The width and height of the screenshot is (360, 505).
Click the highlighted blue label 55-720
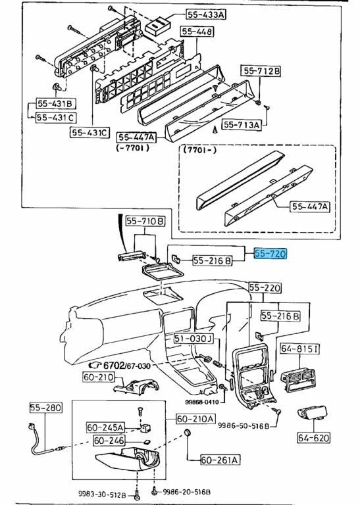coord(270,254)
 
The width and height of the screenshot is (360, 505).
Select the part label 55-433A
coord(206,14)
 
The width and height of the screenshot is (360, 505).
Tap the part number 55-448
coord(197,32)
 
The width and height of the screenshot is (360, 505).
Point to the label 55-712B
coord(261,71)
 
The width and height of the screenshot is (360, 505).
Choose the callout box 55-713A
coord(242,125)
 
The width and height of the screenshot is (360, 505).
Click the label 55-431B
coord(56,103)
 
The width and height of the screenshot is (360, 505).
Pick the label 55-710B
coord(145,221)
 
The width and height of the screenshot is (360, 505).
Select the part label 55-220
coord(265,287)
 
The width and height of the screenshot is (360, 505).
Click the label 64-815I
coord(300,349)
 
